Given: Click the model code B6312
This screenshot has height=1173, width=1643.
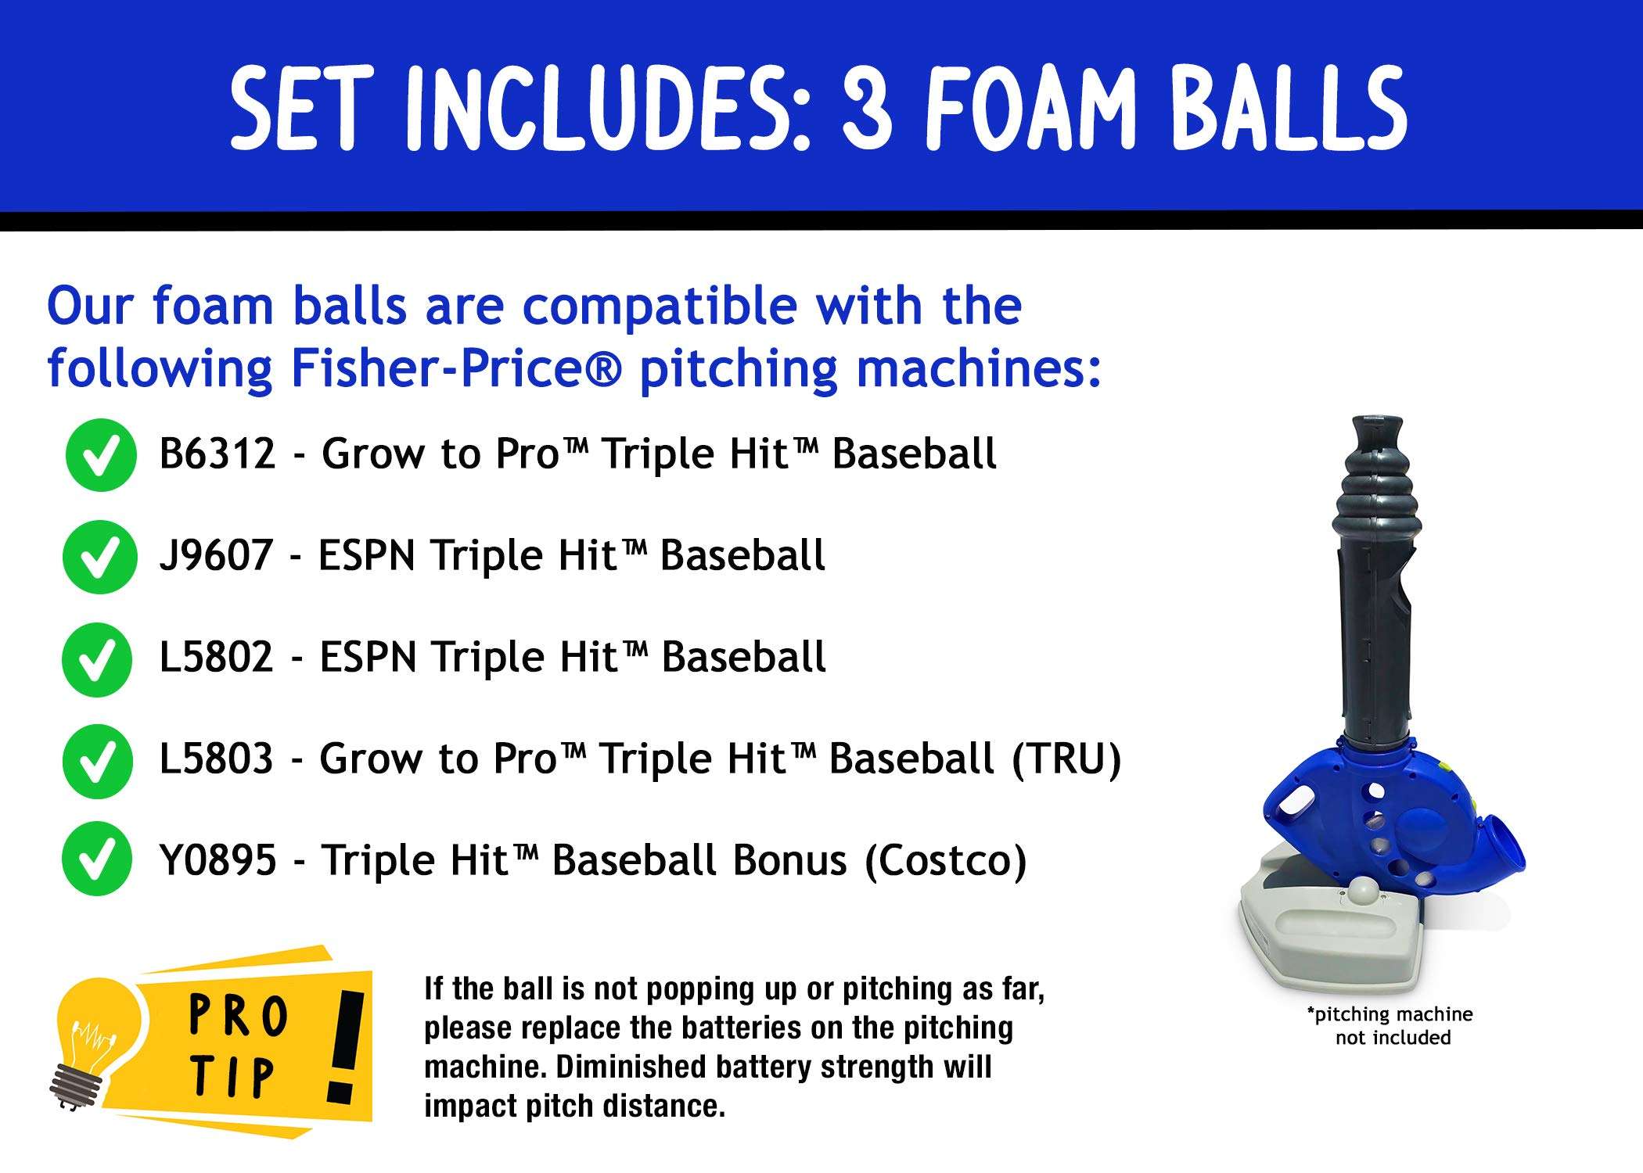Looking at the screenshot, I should [217, 454].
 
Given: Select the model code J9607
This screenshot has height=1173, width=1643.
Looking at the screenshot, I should [216, 556].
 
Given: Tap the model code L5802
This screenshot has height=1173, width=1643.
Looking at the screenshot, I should [216, 658].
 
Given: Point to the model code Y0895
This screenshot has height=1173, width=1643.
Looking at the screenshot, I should [218, 861].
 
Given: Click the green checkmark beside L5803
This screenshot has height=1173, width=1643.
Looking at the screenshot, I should [98, 761].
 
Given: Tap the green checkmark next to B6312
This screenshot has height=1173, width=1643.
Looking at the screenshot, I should [101, 455].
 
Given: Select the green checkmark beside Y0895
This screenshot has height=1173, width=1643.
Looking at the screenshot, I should [98, 859].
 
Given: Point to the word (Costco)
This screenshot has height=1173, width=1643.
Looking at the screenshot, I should [945, 861].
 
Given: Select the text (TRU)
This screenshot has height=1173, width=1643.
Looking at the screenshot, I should [1066, 759].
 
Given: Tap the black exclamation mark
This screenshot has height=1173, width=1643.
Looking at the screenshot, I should [346, 1048].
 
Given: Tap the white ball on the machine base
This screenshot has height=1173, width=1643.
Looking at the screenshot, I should [1365, 891].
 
